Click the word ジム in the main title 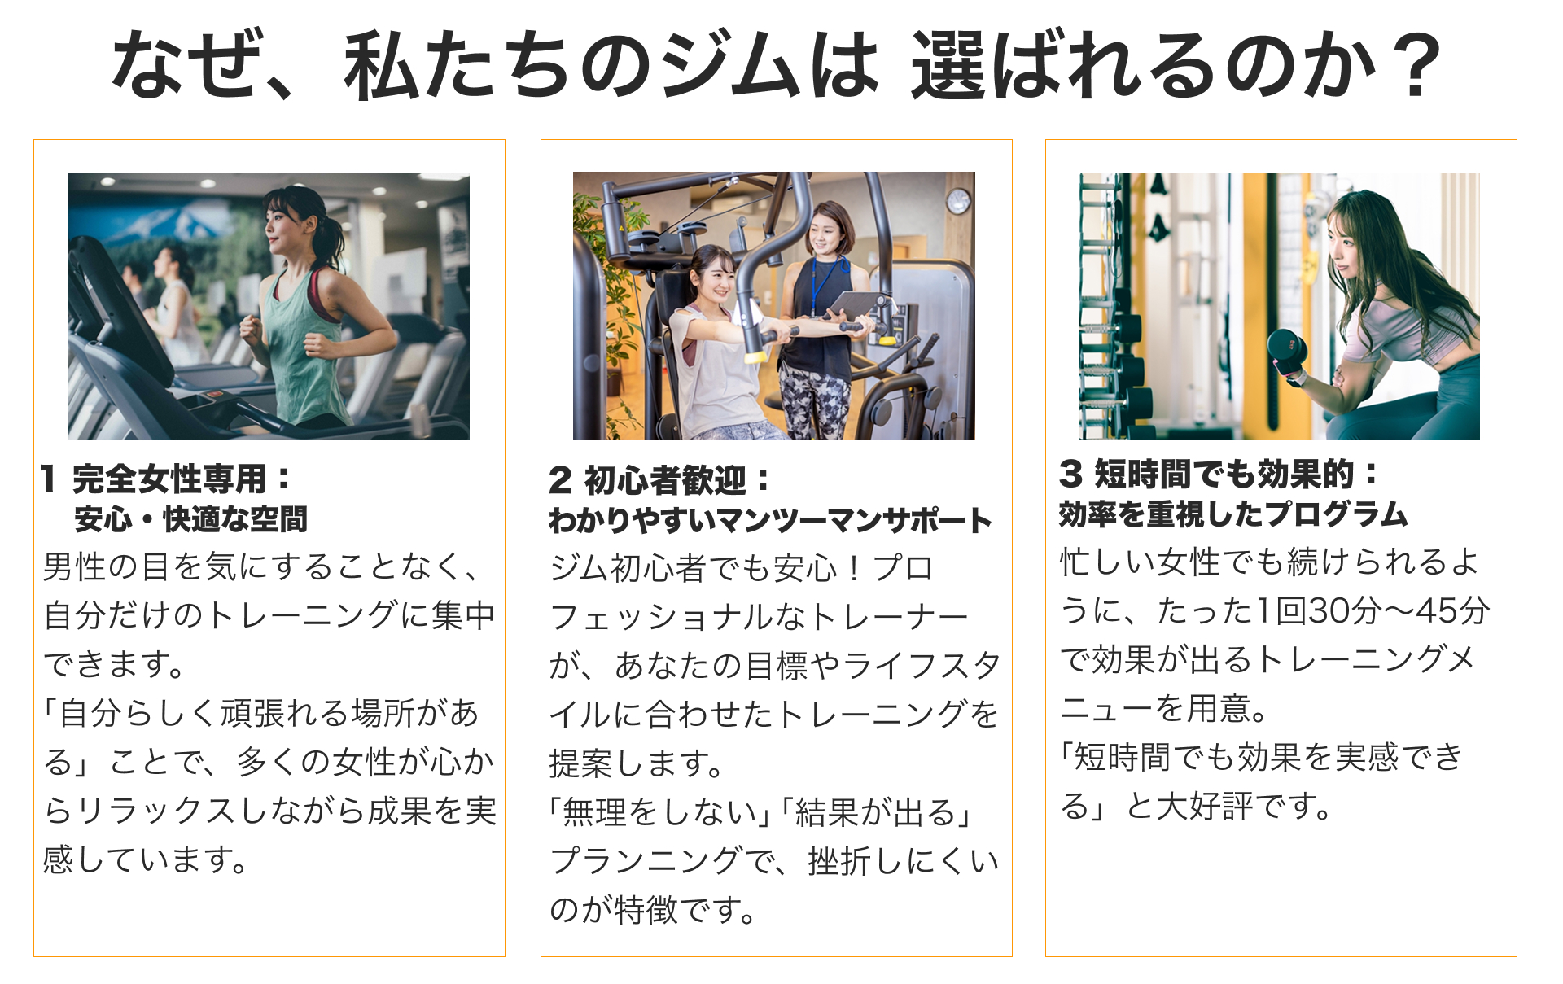point(729,65)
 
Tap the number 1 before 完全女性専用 point(47,479)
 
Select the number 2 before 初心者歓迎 point(560,480)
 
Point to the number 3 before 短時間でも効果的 point(1070,473)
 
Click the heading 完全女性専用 point(169,479)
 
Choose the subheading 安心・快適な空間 point(191,518)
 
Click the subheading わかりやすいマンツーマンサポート point(770,520)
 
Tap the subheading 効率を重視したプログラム point(1233,514)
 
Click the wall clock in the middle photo point(959,200)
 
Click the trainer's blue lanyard point(825,285)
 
